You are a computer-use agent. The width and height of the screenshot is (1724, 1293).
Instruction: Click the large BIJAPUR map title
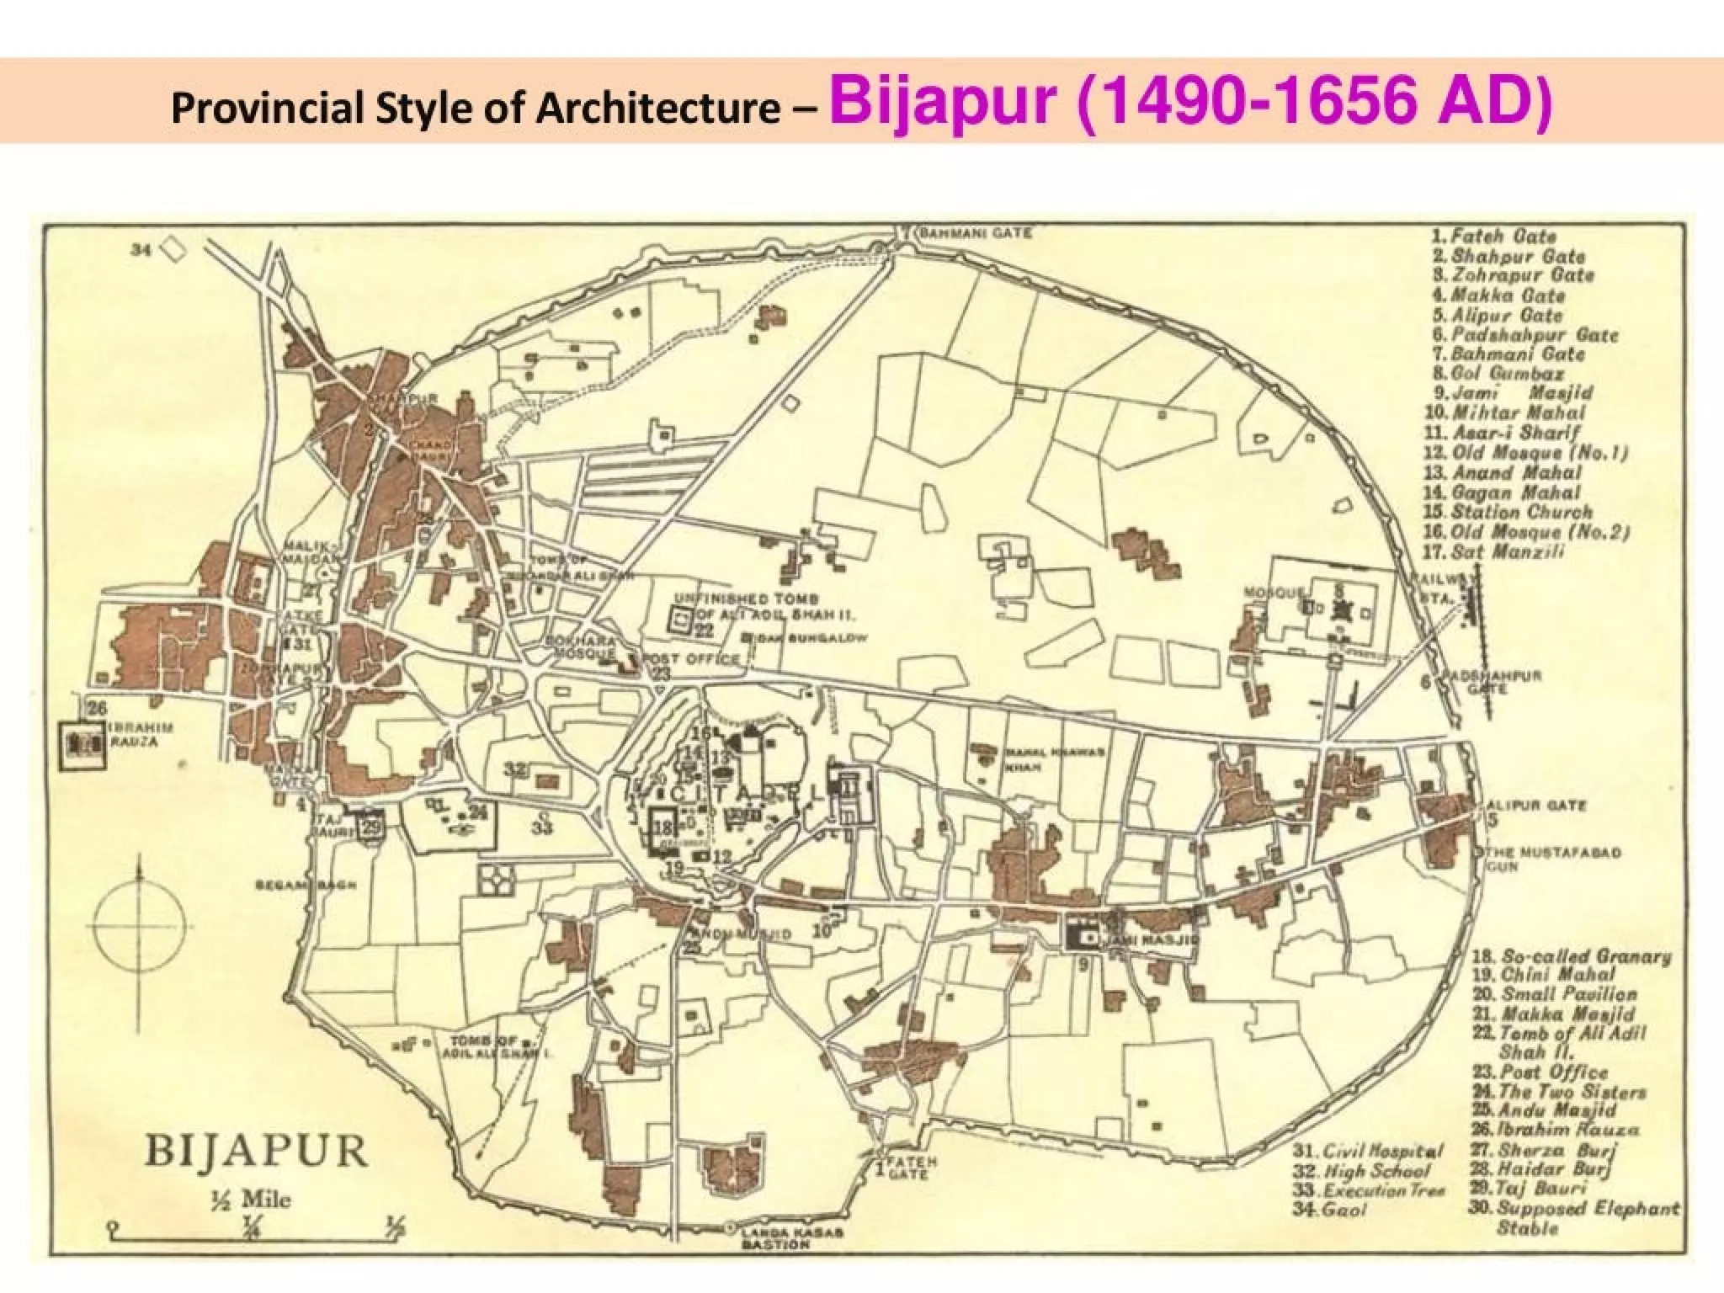click(x=256, y=1151)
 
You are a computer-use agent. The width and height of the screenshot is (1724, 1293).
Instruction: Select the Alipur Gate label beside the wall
click(x=1537, y=805)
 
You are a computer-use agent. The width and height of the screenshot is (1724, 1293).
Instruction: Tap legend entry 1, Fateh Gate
click(x=1495, y=237)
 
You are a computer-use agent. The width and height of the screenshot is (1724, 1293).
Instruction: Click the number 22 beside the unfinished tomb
click(x=704, y=631)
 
